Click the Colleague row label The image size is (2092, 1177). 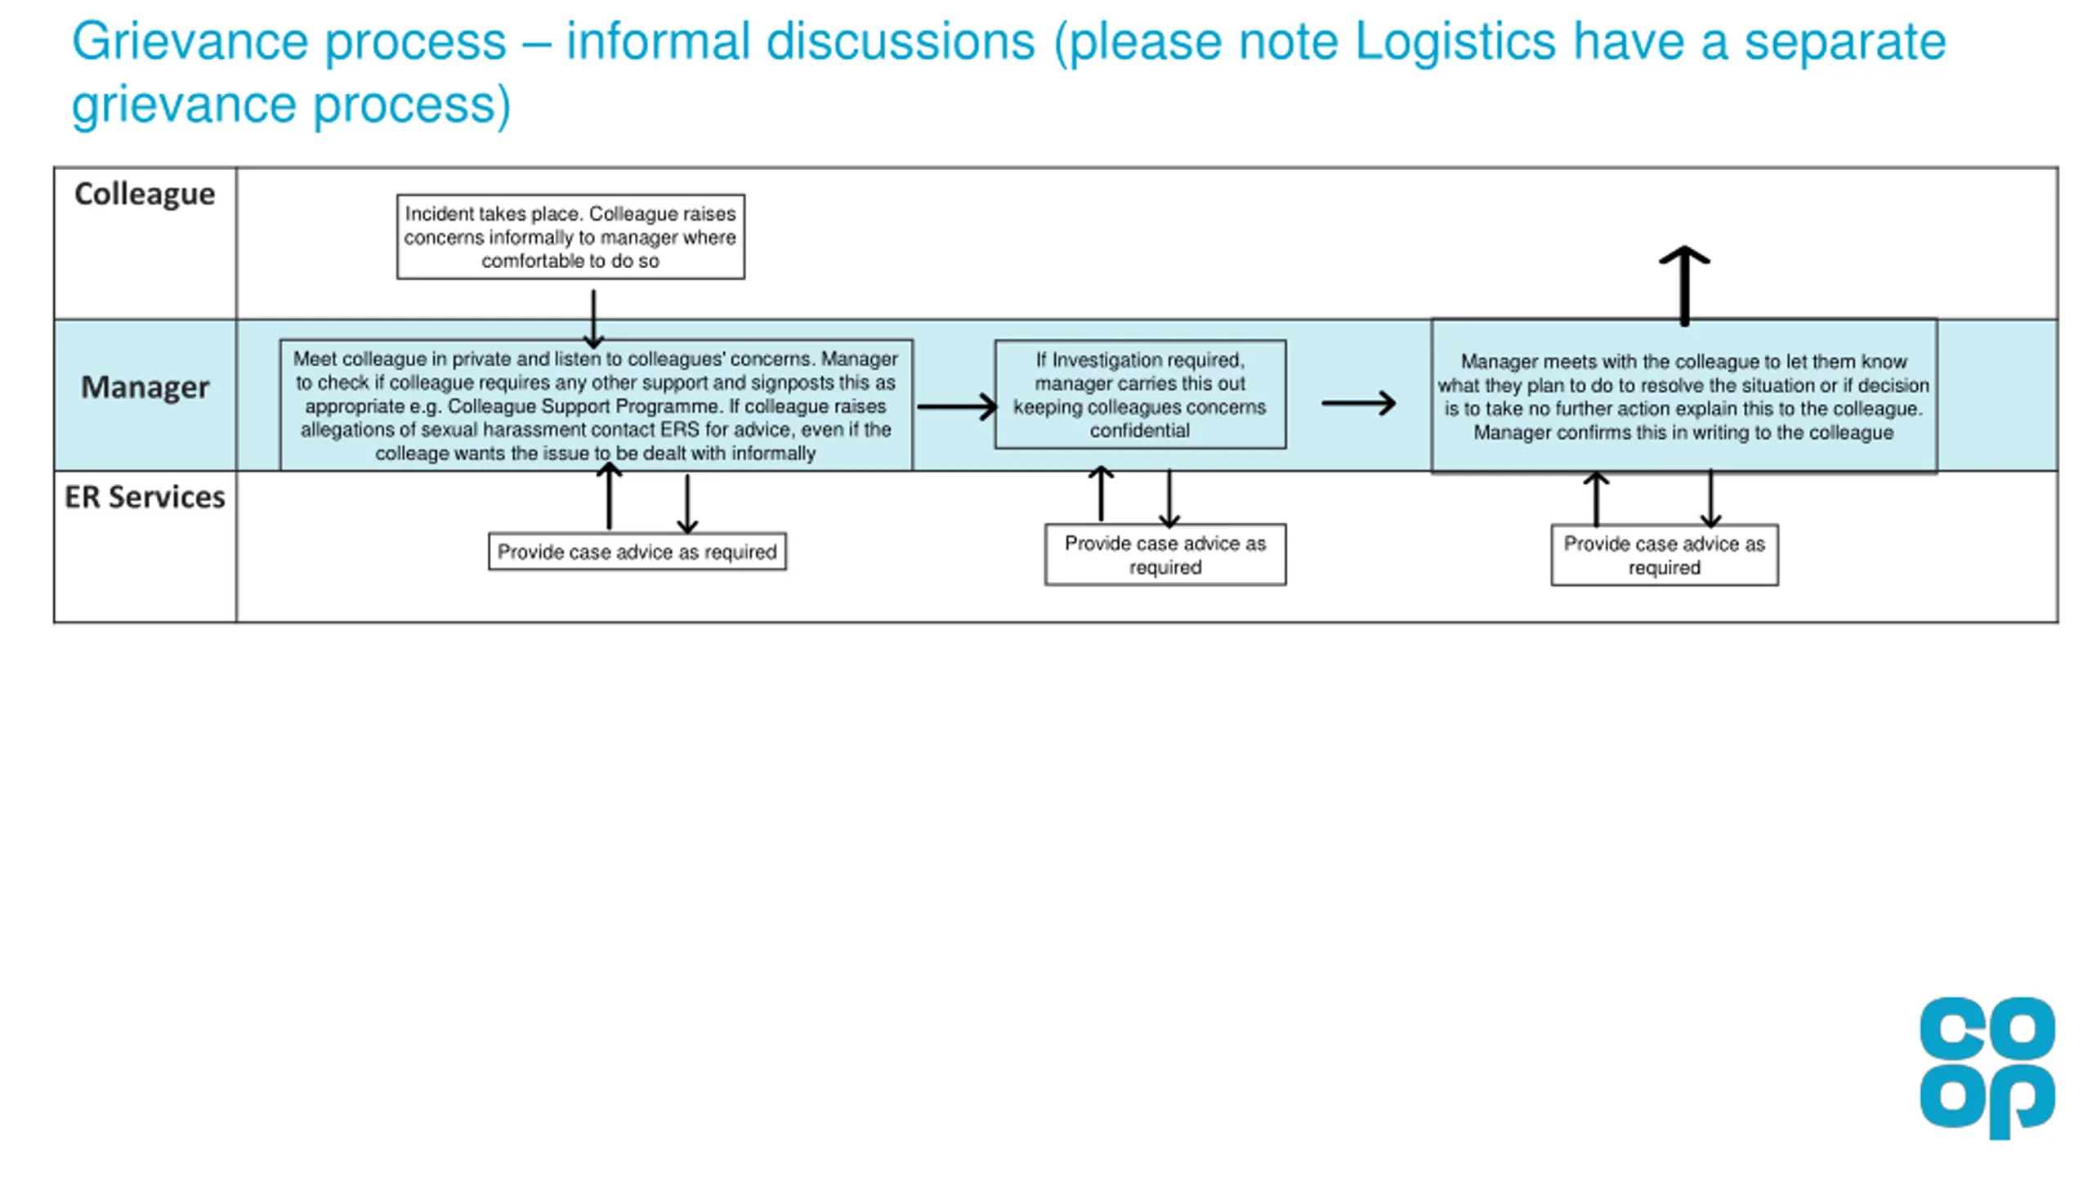point(145,195)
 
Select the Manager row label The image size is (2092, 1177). point(145,387)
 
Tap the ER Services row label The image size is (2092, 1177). point(145,497)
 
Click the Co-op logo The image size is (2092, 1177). point(1987,1067)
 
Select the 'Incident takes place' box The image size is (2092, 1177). point(570,237)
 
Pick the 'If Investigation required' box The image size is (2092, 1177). point(1140,395)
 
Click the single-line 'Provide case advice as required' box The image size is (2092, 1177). point(637,552)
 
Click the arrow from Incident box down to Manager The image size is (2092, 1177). point(593,319)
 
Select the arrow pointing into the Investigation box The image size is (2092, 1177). point(956,406)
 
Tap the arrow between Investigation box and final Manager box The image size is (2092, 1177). point(1358,403)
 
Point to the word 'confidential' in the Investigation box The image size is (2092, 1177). point(1140,431)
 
